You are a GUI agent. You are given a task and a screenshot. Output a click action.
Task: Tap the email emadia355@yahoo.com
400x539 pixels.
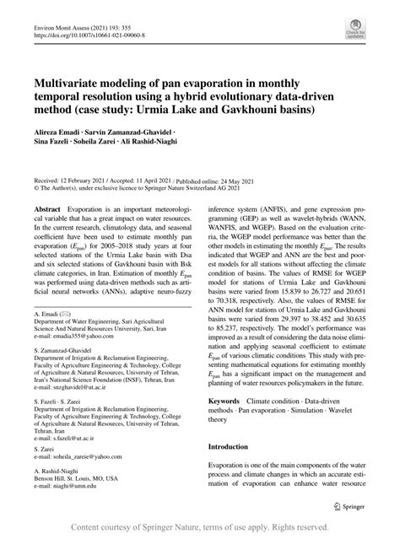pyautogui.click(x=81, y=337)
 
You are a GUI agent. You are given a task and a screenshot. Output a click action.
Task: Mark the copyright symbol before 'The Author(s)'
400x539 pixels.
pyautogui.click(x=36, y=190)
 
